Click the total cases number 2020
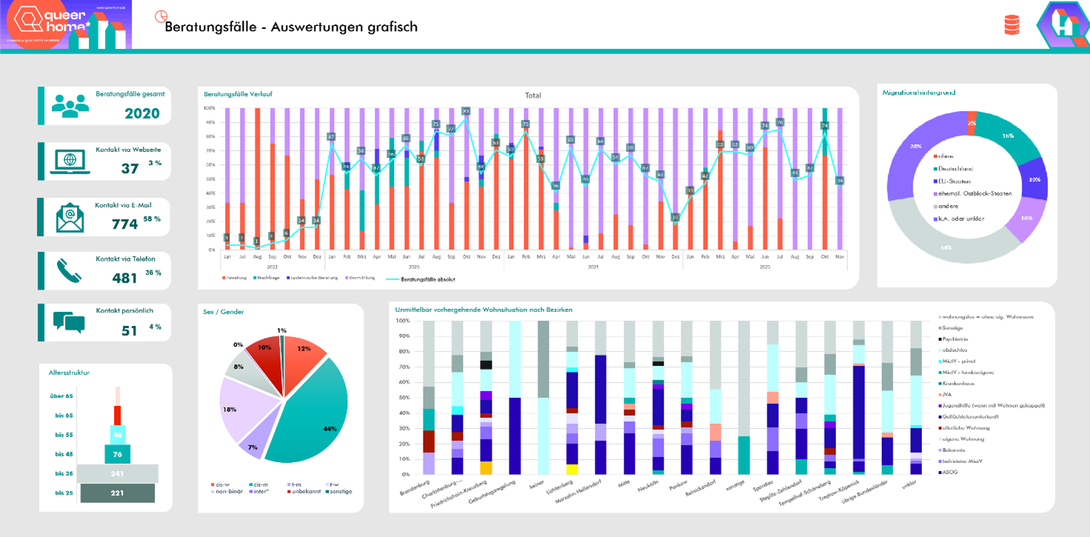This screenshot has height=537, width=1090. (142, 113)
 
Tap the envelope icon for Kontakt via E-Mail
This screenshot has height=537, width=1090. (70, 218)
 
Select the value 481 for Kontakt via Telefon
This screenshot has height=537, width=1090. (125, 278)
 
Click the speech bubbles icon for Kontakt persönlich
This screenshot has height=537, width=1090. (69, 322)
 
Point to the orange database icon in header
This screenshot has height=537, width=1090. (1011, 25)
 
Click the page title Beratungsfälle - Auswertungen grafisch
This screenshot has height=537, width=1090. (291, 27)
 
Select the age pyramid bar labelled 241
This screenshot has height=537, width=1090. (117, 473)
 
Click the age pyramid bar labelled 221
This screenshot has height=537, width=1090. (117, 493)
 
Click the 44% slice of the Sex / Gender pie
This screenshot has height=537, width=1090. (311, 415)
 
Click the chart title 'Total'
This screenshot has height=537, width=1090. (532, 96)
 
